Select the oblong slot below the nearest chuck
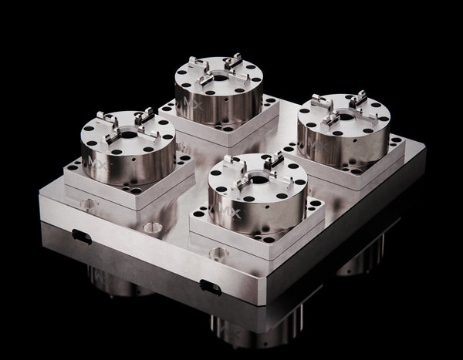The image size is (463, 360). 211,287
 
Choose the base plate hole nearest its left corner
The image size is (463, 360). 88,204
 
